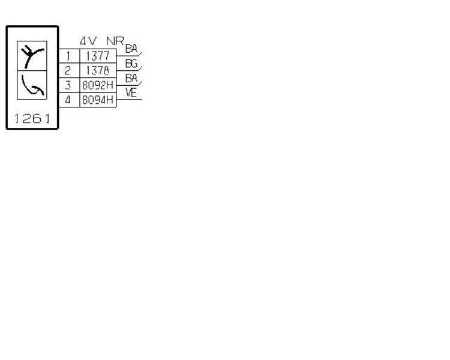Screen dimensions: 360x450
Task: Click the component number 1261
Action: pos(32,119)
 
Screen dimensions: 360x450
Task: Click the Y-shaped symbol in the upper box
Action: pos(32,55)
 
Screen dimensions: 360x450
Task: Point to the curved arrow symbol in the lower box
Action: pos(32,88)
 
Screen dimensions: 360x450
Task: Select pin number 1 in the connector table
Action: pos(68,57)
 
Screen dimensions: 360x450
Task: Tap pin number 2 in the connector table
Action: pos(68,71)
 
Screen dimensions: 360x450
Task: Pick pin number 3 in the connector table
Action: pos(68,85)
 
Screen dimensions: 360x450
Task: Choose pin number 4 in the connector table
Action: pos(68,100)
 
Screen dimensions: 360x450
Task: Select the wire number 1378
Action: pos(97,71)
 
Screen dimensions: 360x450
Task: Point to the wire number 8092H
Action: pos(97,85)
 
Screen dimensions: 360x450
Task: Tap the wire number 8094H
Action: pos(97,100)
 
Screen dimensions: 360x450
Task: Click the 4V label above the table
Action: pos(88,42)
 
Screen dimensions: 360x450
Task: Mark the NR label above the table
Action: pos(114,42)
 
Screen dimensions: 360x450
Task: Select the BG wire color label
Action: pos(131,63)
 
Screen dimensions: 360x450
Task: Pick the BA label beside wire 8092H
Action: pos(131,78)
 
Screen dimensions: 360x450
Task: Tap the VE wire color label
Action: pos(131,92)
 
